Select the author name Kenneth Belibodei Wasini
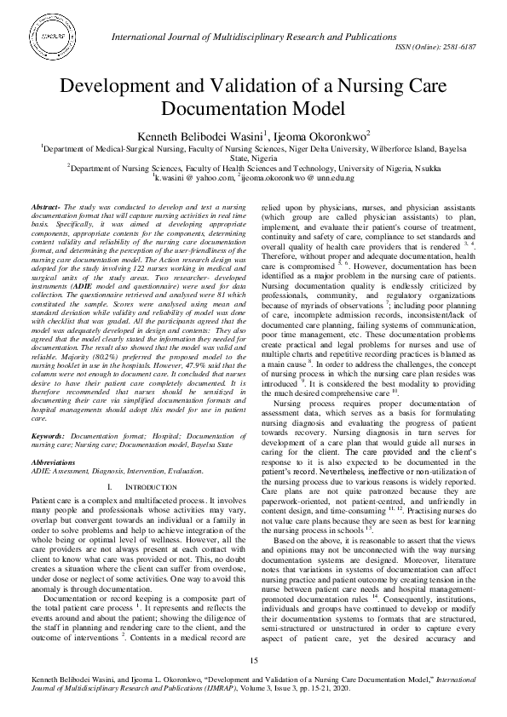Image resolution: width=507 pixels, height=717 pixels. click(x=192, y=135)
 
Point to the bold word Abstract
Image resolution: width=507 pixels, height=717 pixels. click(x=45, y=208)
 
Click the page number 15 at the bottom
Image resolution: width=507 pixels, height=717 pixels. click(x=253, y=662)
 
